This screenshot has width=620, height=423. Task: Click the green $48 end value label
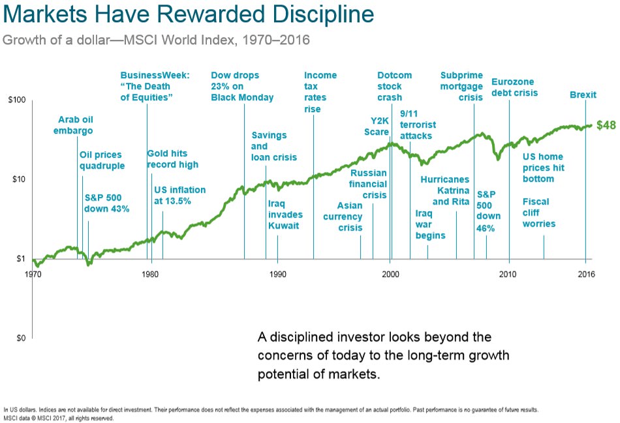click(x=606, y=125)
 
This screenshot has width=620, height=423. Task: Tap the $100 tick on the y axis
click(x=16, y=100)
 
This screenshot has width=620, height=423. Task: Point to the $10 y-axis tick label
click(x=18, y=179)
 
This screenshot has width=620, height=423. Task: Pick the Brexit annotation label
click(x=583, y=95)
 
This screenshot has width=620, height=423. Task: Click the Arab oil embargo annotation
click(x=75, y=125)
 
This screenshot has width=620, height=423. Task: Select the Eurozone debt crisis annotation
click(x=514, y=87)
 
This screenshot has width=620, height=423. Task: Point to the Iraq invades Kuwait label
click(x=284, y=214)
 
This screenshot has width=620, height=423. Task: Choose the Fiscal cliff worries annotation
click(x=539, y=212)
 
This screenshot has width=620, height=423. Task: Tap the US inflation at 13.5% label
click(x=179, y=196)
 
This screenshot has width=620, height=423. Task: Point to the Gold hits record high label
click(x=172, y=159)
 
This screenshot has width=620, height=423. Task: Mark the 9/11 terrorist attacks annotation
click(x=418, y=124)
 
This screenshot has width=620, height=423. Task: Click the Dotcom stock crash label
click(x=394, y=86)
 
